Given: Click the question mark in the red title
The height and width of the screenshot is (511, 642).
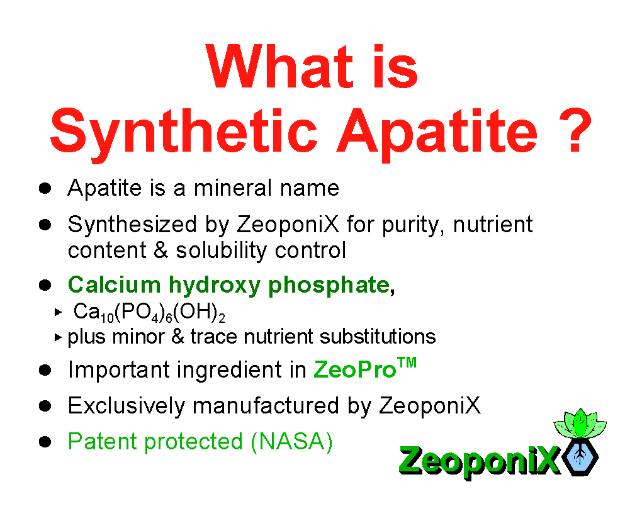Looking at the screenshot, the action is [x=575, y=130].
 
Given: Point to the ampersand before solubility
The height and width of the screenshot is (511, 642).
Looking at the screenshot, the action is [x=161, y=250].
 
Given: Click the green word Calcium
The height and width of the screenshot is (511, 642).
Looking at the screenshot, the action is [x=114, y=284].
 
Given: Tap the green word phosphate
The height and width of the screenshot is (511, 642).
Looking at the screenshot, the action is [x=329, y=286].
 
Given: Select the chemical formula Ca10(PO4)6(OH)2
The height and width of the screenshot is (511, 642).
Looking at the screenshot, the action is [x=149, y=312].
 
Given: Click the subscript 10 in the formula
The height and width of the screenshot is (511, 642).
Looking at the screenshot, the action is [x=107, y=318].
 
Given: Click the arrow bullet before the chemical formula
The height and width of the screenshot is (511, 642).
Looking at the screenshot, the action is [x=58, y=312].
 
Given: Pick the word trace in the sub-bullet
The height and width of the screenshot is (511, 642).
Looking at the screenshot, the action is [x=213, y=337].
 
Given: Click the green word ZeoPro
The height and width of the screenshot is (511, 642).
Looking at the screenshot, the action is [x=354, y=370].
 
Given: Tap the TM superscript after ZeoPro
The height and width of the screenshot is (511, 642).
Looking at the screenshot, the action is [x=407, y=362].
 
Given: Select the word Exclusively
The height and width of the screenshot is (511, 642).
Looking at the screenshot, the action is [x=127, y=406].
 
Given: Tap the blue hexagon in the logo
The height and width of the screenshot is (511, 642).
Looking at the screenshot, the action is [x=580, y=457].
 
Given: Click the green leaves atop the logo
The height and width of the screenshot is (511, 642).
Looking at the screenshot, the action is [x=580, y=424].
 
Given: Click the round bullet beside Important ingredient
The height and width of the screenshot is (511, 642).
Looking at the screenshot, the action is [x=45, y=370].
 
